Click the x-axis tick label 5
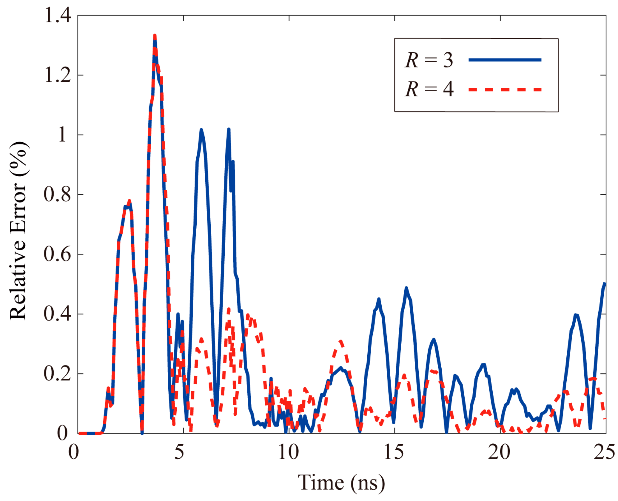coord(179,452)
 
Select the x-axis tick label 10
coord(288,452)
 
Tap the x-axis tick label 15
coord(394,452)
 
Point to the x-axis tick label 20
coord(499,452)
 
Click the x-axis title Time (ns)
coord(341,482)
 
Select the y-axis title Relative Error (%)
coord(19,231)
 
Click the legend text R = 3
coord(429,60)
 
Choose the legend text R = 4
coord(429,89)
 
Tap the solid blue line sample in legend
coord(505,60)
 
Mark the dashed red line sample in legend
coord(505,90)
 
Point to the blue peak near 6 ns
coord(201,130)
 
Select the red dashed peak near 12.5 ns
coord(340,341)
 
